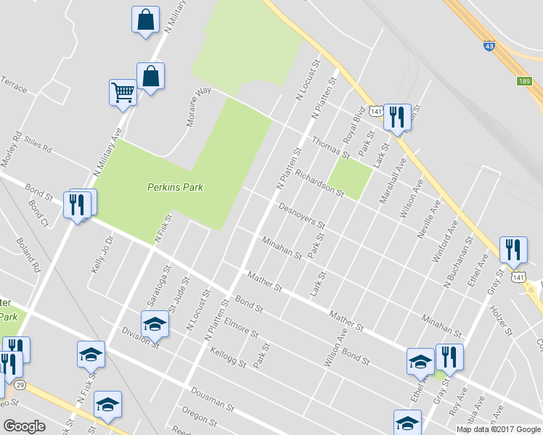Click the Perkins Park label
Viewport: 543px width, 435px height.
click(175, 187)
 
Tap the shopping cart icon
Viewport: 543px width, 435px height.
click(122, 92)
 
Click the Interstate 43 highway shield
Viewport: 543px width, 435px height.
click(489, 46)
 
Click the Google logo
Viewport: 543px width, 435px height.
click(24, 426)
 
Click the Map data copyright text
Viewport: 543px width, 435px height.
click(498, 428)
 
